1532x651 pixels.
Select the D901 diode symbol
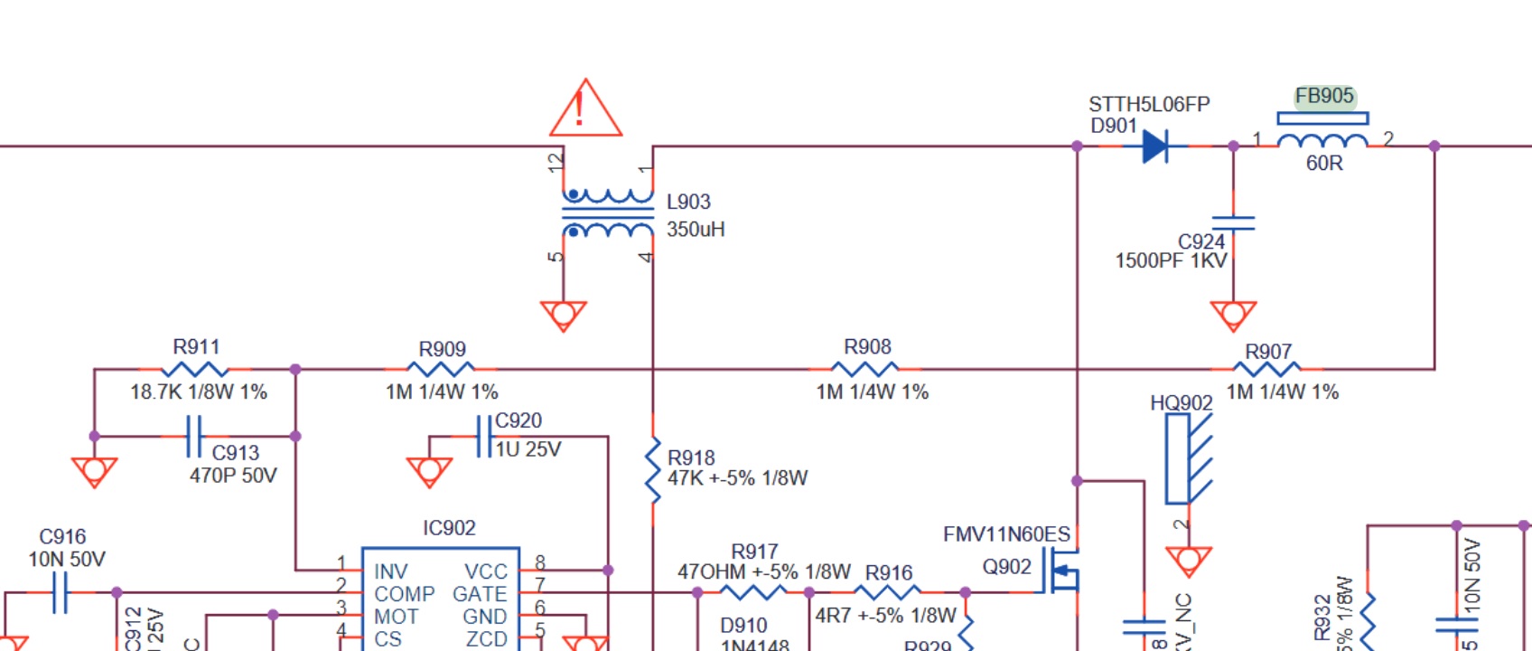(x=1155, y=146)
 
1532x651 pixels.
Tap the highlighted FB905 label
(x=1324, y=96)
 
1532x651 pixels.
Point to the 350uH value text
(x=696, y=230)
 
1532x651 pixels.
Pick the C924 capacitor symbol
(x=1233, y=222)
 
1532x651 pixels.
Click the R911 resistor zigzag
(x=194, y=369)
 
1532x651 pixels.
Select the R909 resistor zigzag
(x=441, y=369)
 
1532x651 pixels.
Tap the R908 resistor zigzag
(x=865, y=369)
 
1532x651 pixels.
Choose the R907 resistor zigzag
(x=1267, y=369)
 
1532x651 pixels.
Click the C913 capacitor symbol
(x=193, y=436)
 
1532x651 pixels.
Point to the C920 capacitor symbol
(x=484, y=436)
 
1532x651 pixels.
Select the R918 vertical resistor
(x=652, y=470)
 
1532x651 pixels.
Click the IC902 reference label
(x=449, y=528)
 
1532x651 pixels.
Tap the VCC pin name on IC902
(x=486, y=571)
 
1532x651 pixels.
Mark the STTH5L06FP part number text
(x=1149, y=105)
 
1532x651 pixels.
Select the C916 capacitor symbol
(x=60, y=592)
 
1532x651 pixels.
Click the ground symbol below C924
(x=1233, y=316)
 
